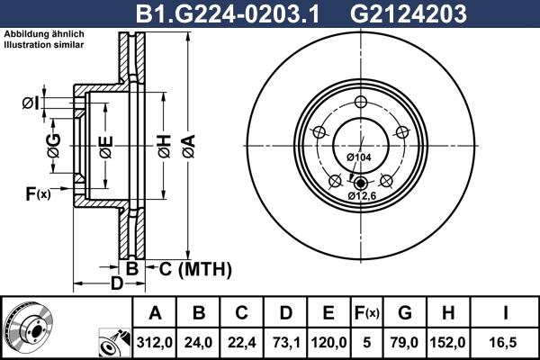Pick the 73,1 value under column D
[285, 341]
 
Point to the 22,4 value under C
[242, 341]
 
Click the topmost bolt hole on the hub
[360, 101]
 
